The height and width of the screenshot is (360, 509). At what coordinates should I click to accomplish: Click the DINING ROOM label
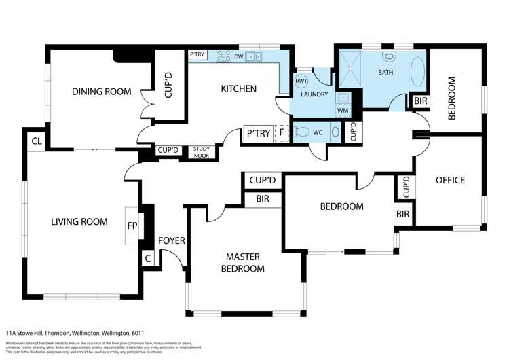point(102,92)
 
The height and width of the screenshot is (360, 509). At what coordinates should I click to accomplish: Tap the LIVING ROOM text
point(79,221)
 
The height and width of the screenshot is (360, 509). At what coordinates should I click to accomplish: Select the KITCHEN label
point(238,88)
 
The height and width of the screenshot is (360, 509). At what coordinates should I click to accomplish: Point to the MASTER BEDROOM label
point(244,263)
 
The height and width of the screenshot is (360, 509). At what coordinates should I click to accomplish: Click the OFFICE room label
point(450,180)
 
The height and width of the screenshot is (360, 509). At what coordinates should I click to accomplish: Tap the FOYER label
point(172,240)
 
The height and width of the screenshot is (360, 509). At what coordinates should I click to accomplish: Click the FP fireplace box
point(131,225)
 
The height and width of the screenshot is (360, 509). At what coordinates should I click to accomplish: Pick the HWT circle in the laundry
point(301,81)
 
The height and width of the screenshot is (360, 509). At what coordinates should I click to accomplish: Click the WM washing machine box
point(343,110)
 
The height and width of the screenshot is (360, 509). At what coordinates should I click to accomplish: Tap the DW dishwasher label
point(238,57)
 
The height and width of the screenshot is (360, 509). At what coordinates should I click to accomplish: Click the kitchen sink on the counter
point(254,57)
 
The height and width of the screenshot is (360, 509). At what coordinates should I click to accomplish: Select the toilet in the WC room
point(303,132)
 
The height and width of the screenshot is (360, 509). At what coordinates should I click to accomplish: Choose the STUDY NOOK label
point(202,151)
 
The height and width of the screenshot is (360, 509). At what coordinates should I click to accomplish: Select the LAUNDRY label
point(314,94)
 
